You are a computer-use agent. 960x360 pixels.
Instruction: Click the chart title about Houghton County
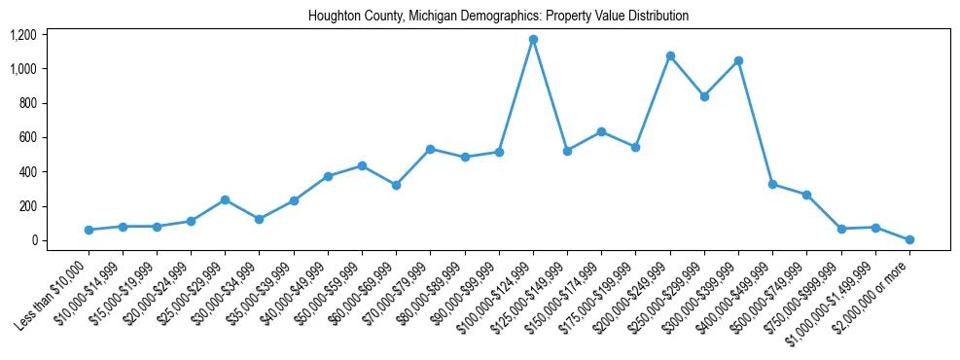tap(498, 17)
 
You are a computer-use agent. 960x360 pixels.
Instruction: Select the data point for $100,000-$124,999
tap(533, 39)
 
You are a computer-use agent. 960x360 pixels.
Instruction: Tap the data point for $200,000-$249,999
tap(670, 56)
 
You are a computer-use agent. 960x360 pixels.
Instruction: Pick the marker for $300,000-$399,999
tap(739, 60)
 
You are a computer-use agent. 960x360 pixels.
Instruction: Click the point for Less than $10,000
tap(89, 230)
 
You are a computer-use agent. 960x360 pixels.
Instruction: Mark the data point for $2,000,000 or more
tap(910, 239)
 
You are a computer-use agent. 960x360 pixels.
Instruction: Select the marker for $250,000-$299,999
tap(704, 96)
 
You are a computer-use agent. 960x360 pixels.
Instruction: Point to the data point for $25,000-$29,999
tap(226, 199)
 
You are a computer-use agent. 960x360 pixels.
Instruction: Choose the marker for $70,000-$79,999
tap(431, 149)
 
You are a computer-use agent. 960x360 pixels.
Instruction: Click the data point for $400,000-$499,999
tap(773, 184)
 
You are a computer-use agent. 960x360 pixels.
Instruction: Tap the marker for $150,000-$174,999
tap(602, 131)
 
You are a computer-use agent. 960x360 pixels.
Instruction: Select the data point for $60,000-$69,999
tap(397, 185)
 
